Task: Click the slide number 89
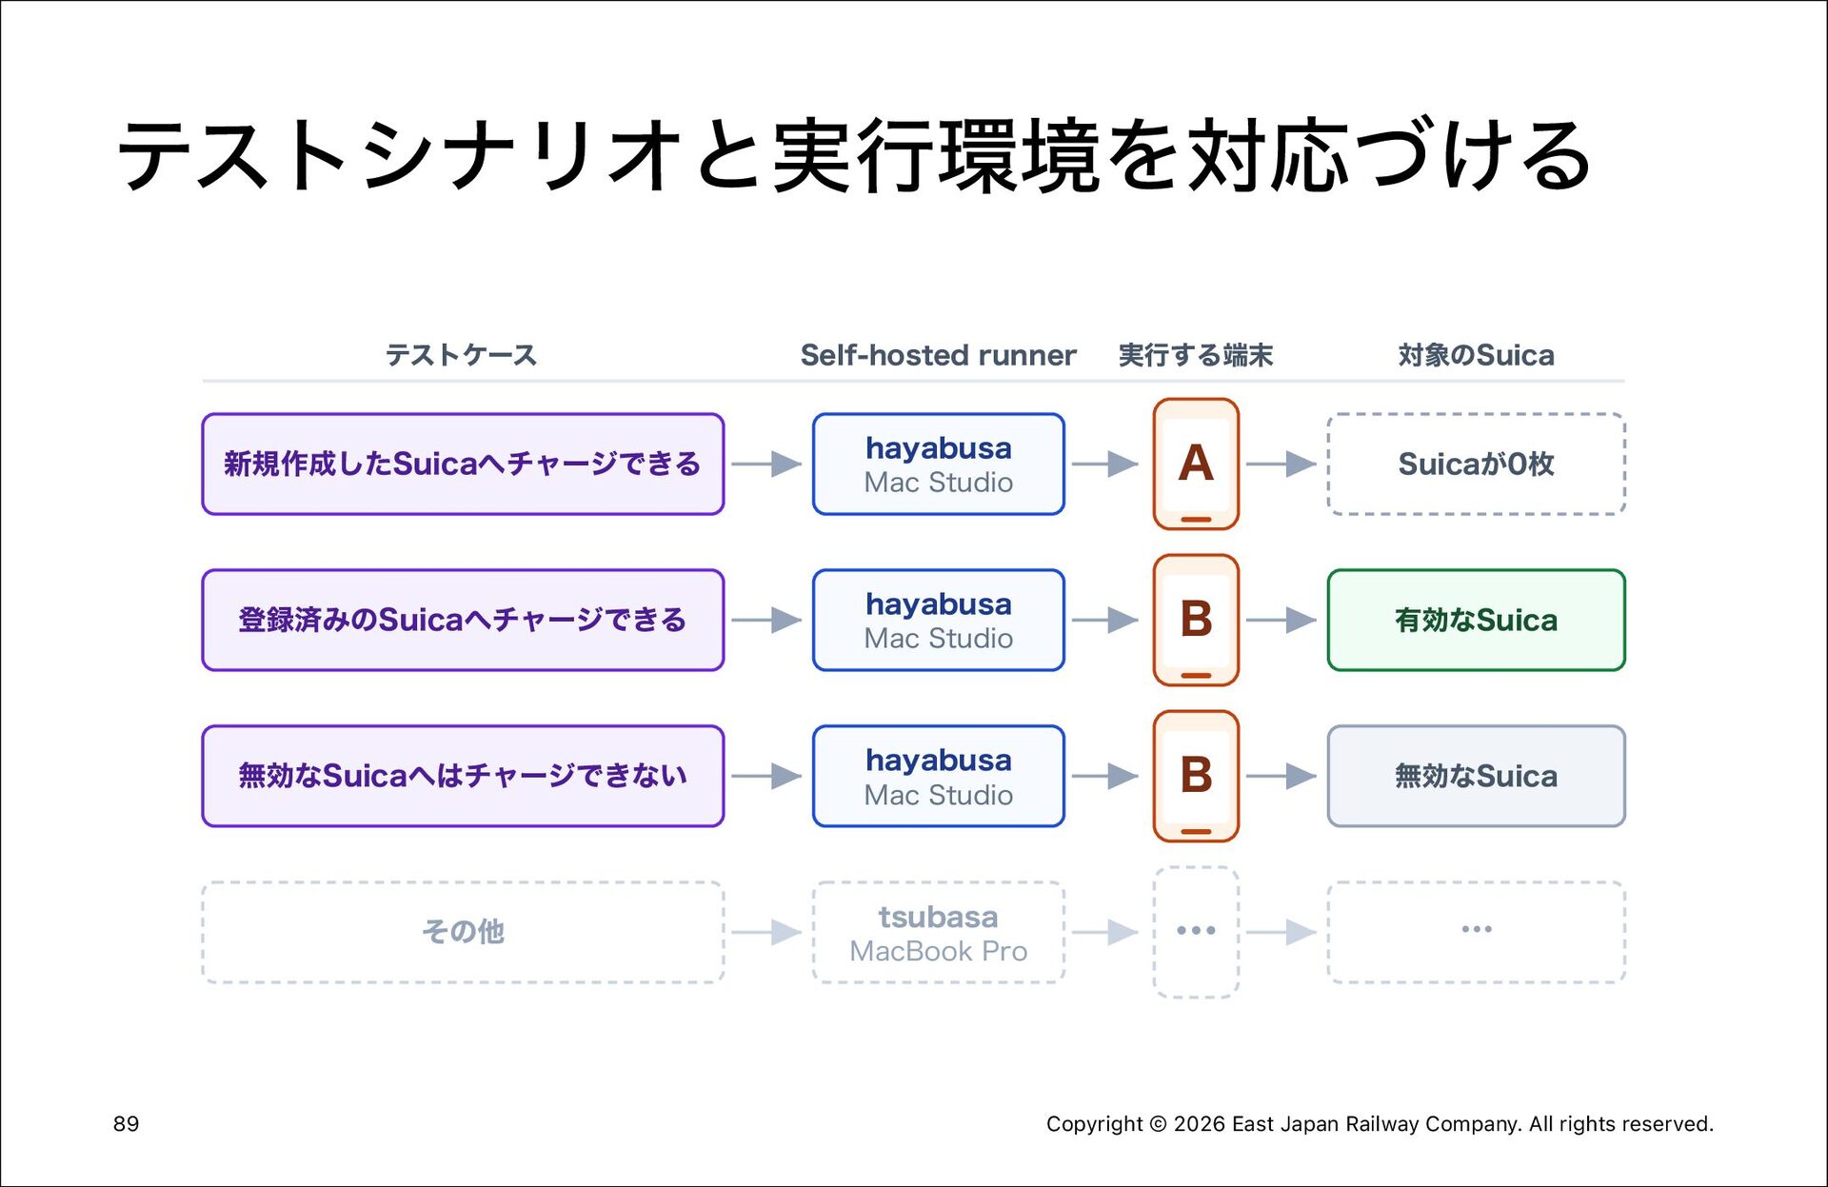[x=126, y=1124]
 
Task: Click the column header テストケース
[x=462, y=355]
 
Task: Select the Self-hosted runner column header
[x=938, y=355]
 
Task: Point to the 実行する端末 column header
[x=1196, y=355]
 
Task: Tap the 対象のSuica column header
[x=1476, y=355]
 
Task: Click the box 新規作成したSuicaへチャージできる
[x=463, y=464]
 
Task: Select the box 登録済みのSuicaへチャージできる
[x=463, y=620]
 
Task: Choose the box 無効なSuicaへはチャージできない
[x=463, y=776]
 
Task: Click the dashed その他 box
[x=463, y=932]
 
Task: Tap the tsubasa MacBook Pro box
[x=939, y=932]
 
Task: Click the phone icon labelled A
[x=1196, y=464]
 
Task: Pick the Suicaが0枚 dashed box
[x=1477, y=464]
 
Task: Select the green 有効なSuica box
[x=1477, y=620]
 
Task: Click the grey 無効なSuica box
[x=1477, y=776]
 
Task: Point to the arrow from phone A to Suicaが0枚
[x=1282, y=464]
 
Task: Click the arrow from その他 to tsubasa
[x=767, y=932]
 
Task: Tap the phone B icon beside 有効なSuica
[x=1196, y=620]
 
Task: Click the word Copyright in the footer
[x=1094, y=1124]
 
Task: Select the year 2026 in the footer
[x=1200, y=1124]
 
